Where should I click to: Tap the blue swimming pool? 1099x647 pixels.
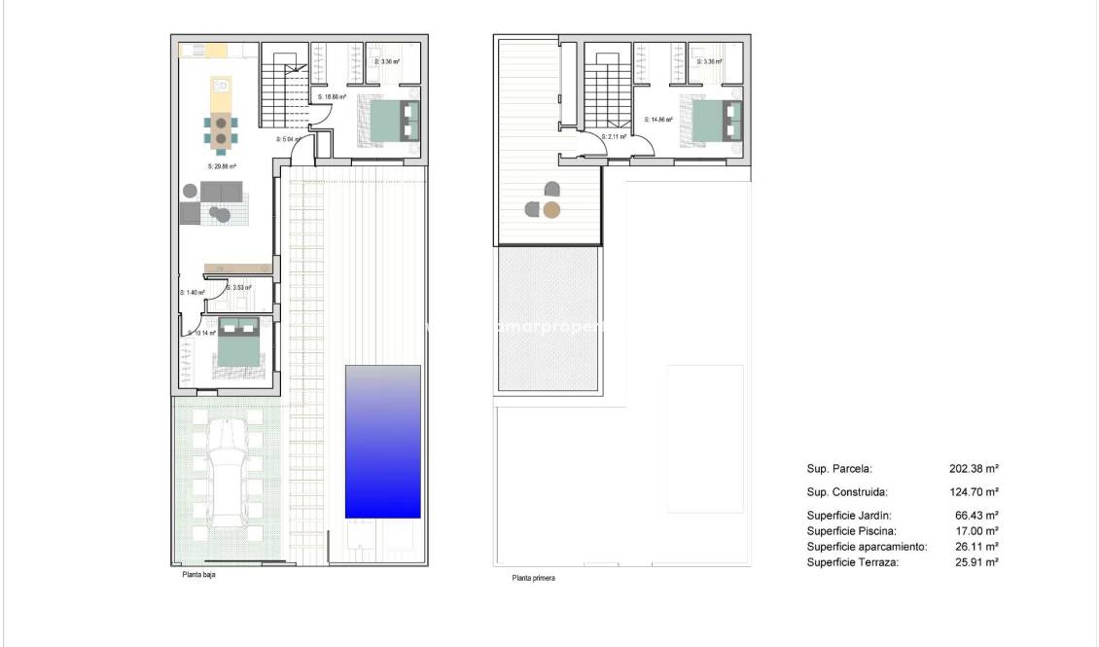coord(382,442)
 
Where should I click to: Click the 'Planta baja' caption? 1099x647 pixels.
coord(198,575)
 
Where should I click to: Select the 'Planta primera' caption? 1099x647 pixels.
coord(533,578)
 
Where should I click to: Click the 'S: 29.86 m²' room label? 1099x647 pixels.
coord(222,166)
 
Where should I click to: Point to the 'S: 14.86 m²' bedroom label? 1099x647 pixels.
coord(658,120)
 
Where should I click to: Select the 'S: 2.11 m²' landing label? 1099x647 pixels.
coord(614,137)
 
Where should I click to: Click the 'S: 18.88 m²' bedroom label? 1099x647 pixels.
coord(333,97)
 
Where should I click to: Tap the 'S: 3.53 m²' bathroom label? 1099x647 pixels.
coord(239,287)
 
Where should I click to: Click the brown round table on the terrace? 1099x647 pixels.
coord(551,209)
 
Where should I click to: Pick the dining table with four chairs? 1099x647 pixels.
coord(222,130)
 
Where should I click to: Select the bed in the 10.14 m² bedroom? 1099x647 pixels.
coord(238,343)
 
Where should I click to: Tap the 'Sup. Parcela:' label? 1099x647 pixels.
coord(839,468)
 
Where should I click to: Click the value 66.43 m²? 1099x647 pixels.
coord(976,516)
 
